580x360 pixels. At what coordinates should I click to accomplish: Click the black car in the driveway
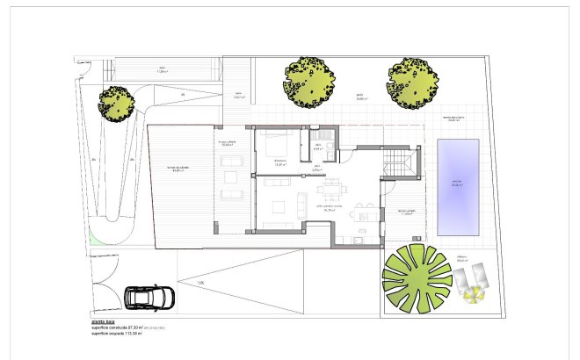151,297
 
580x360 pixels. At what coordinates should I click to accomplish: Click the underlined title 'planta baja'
105,322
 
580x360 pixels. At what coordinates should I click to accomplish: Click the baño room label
318,147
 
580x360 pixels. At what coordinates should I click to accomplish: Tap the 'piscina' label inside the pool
457,185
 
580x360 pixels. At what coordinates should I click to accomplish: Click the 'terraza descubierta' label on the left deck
178,169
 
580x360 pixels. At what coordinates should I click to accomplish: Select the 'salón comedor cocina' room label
330,208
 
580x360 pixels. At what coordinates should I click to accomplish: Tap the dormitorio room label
281,162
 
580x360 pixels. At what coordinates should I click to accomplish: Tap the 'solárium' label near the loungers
461,259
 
